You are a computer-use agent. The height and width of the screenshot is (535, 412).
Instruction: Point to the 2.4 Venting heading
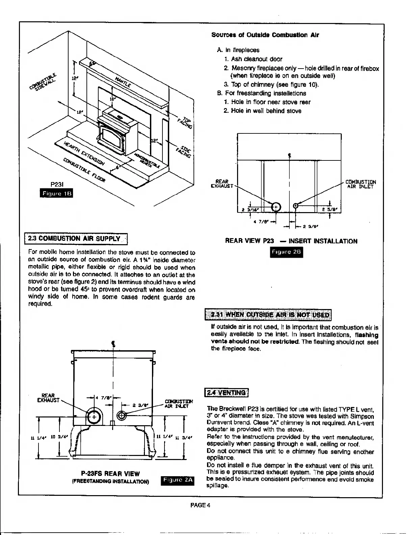point(227,392)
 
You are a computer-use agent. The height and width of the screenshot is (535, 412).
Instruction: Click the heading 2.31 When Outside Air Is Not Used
point(269,315)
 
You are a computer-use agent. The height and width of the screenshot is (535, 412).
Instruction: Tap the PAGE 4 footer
point(201,505)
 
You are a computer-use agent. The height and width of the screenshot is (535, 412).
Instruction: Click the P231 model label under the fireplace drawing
point(55,184)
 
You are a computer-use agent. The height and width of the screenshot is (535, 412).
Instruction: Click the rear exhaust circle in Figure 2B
point(276,207)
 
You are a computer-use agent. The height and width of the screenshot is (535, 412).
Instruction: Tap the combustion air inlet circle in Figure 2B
point(295,205)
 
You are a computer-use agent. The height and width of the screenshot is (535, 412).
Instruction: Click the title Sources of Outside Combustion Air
point(265,35)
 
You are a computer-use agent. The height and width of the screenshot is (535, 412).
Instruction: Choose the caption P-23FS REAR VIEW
point(110,474)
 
